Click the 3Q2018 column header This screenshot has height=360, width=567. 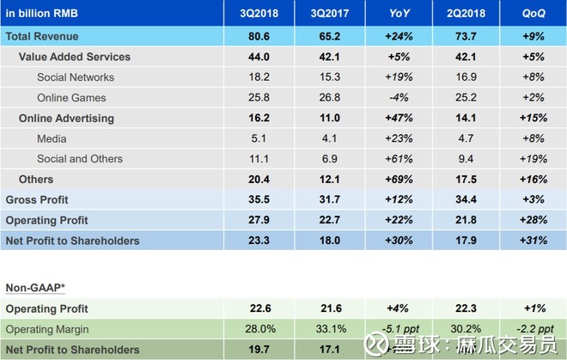coord(257,15)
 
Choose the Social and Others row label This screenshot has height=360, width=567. coord(80,159)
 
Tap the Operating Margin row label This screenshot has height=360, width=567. coord(47,329)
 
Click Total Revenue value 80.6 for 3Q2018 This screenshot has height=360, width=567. coord(257,36)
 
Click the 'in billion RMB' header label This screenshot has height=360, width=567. coord(42,15)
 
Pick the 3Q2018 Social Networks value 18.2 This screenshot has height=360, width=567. coord(257,77)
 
